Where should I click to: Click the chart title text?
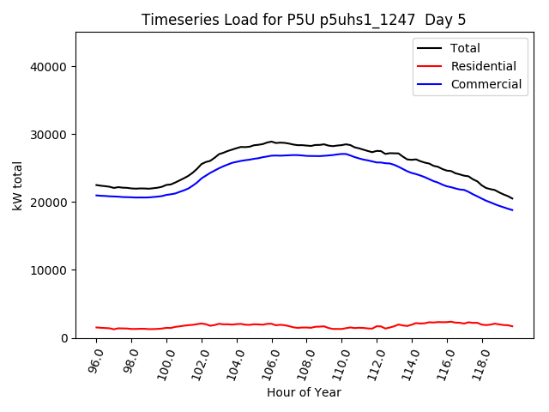(305, 20)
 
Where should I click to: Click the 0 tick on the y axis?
(64, 338)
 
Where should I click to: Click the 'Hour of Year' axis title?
(304, 392)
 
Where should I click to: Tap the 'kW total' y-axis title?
(16, 185)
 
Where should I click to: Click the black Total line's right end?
(513, 199)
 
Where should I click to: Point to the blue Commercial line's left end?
(96, 196)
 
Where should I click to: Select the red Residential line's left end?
(96, 327)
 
